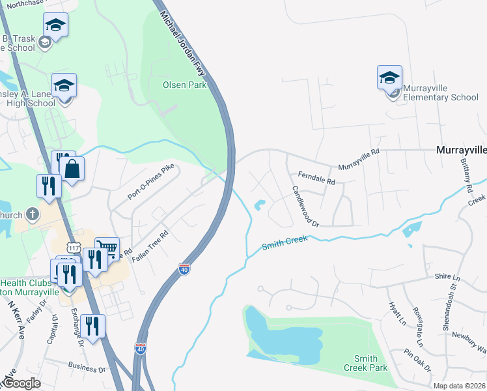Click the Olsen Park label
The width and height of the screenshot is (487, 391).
pyautogui.click(x=184, y=85)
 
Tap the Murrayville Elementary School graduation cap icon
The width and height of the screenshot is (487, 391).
pyautogui.click(x=389, y=78)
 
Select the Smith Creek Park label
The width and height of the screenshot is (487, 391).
pyautogui.click(x=365, y=363)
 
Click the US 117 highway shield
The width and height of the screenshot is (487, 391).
pyautogui.click(x=74, y=248)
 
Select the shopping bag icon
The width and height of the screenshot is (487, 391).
pyautogui.click(x=73, y=169)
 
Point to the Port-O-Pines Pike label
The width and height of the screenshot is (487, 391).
pyautogui.click(x=152, y=182)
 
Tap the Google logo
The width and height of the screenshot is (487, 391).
pyautogui.click(x=23, y=383)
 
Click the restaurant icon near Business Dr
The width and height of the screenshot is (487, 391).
pyautogui.click(x=92, y=326)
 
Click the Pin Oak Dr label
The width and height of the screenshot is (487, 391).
pyautogui.click(x=417, y=361)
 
